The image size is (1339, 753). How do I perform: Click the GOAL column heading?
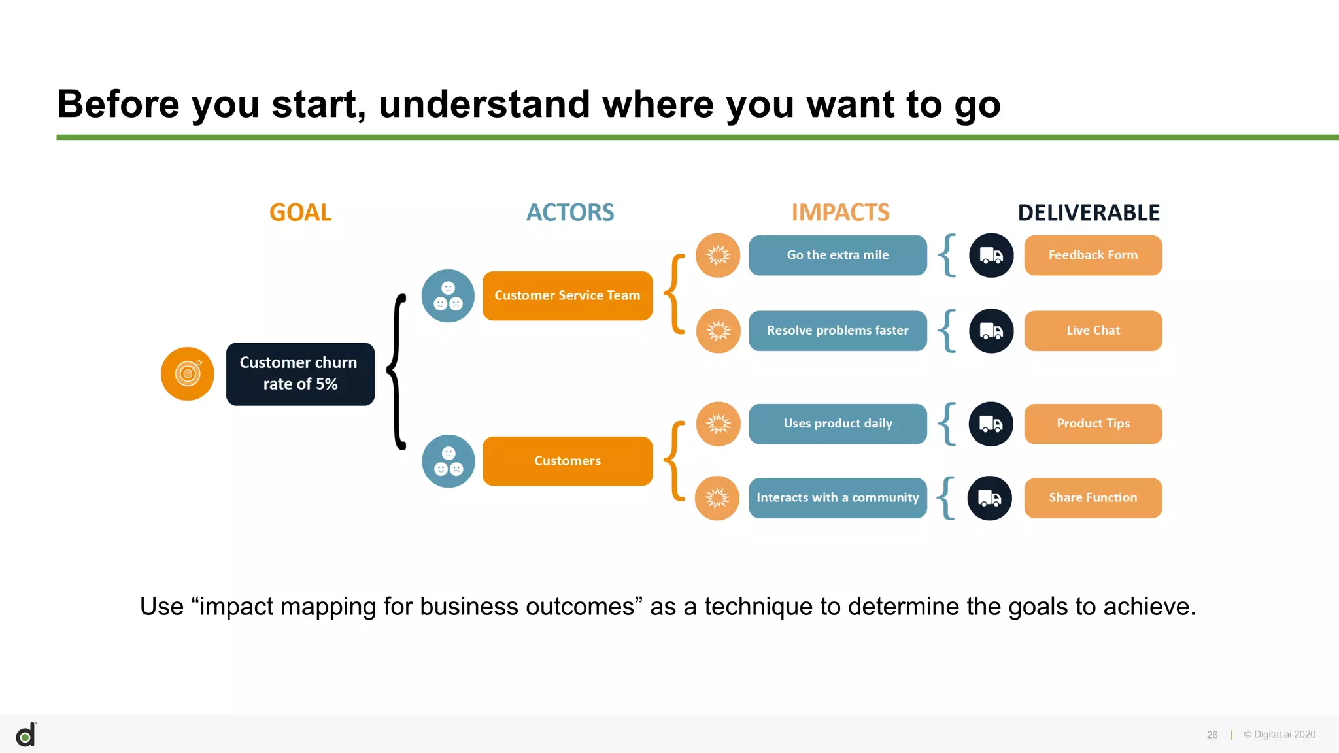pos(300,212)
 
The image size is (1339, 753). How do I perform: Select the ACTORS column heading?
pos(570,212)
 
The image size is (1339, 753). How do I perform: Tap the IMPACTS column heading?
pos(840,212)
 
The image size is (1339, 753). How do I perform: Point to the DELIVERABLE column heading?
pos(1089,212)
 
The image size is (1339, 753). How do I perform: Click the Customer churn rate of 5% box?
pos(300,374)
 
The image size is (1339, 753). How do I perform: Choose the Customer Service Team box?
pos(567,295)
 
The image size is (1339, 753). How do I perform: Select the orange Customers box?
pos(567,461)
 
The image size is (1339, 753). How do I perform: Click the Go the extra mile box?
pos(838,255)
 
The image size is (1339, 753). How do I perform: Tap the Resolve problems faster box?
pos(838,331)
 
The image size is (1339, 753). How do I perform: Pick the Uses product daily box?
pos(838,424)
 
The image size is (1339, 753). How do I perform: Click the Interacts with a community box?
pos(838,498)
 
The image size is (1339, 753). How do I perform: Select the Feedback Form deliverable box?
pos(1093,255)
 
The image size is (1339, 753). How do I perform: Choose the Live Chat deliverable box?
pos(1093,331)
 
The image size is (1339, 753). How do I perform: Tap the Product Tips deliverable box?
pos(1093,424)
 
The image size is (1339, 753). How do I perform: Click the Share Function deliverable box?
pos(1093,498)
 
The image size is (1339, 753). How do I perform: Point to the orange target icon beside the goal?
pos(188,374)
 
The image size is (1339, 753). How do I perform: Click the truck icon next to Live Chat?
pos(991,331)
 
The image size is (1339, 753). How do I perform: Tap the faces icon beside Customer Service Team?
pos(448,296)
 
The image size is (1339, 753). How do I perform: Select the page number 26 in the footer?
pos(1212,735)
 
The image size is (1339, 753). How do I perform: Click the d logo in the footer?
pos(26,735)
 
